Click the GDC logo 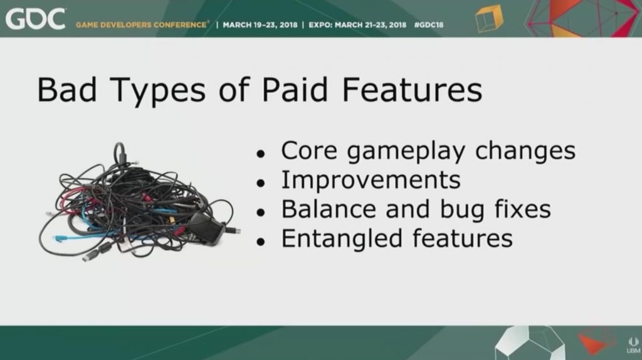click(x=35, y=19)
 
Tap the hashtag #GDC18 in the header click(x=429, y=25)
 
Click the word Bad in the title click(x=67, y=90)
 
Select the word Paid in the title click(x=295, y=90)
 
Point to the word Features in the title click(x=413, y=90)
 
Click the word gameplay click(x=406, y=152)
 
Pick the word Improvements click(x=371, y=180)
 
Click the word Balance click(x=329, y=209)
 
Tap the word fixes click(x=522, y=209)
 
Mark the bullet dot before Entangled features click(x=261, y=242)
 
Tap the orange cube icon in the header click(x=489, y=18)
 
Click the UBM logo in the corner click(x=633, y=345)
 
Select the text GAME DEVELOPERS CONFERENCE click(x=141, y=25)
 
